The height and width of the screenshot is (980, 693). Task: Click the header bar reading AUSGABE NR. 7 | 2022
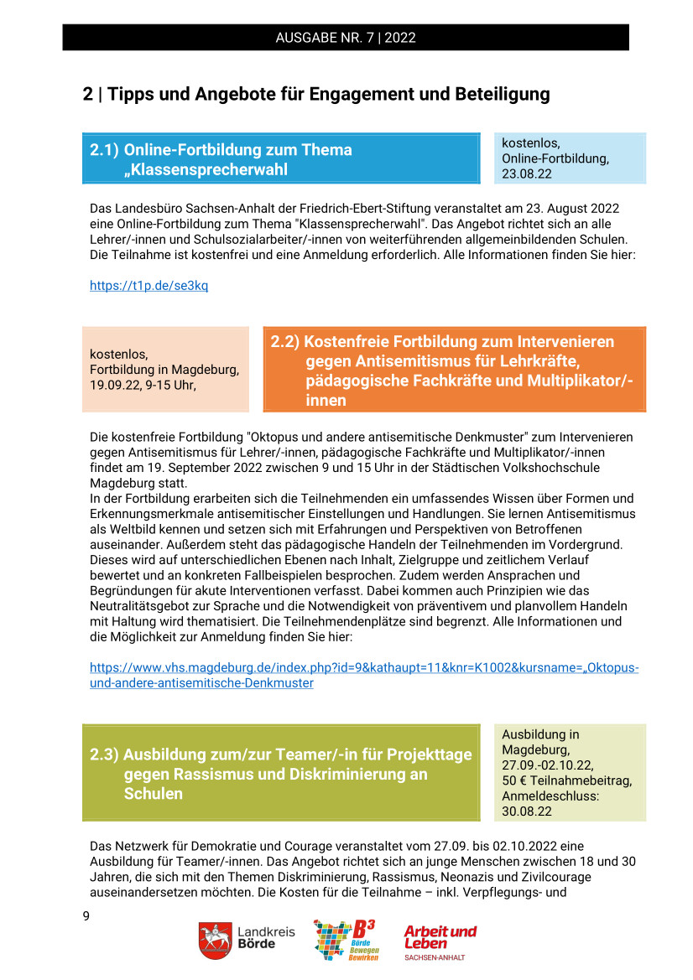[346, 38]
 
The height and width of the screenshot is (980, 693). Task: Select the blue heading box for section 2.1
[280, 159]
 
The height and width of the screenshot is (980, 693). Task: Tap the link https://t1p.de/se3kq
[148, 286]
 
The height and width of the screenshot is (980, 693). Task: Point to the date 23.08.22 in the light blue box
[527, 174]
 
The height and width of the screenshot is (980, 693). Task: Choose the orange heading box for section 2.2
[454, 371]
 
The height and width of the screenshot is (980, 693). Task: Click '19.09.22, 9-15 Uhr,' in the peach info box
[143, 384]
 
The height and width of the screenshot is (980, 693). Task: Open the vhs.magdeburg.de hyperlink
[363, 675]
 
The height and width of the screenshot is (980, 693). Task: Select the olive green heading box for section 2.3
[280, 773]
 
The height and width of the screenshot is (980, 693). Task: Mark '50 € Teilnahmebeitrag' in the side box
[567, 780]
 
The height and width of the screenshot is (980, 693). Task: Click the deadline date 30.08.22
[527, 811]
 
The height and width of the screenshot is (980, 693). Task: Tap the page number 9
[86, 915]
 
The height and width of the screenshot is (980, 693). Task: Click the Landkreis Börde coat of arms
[215, 941]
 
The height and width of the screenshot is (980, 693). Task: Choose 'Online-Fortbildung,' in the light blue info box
[555, 158]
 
